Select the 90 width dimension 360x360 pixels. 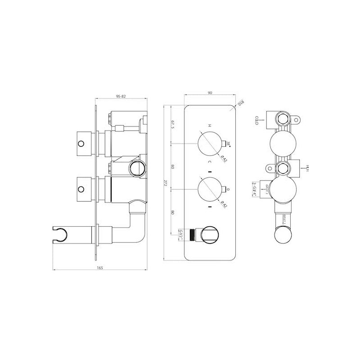[x=210, y=92]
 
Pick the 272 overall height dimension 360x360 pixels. [x=166, y=183]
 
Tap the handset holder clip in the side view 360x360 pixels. [x=61, y=233]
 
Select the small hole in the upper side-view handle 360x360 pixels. [x=81, y=144]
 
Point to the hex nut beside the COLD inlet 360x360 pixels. [x=282, y=119]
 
